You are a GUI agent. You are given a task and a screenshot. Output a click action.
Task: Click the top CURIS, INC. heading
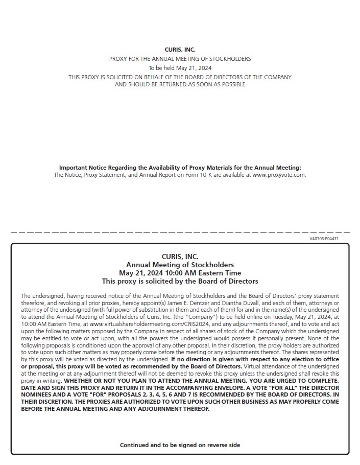coord(180,50)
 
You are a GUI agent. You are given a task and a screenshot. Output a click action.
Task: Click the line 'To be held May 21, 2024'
coord(180,68)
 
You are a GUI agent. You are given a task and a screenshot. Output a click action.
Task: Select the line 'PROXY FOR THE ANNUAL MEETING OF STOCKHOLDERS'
coord(180,59)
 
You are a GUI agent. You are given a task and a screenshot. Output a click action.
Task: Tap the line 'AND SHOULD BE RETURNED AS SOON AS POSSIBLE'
coord(180,84)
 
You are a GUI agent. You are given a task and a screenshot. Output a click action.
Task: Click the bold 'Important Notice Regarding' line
coord(180,168)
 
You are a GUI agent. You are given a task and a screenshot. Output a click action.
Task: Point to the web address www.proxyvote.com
coord(279,175)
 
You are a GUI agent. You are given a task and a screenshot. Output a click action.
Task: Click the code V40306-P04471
coord(324,239)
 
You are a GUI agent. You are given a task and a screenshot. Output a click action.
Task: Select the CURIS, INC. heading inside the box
coord(180,257)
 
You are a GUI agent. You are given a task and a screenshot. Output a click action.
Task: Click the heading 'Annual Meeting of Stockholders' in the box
coord(180,265)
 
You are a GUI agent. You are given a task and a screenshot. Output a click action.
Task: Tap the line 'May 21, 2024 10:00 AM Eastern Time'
coord(180,273)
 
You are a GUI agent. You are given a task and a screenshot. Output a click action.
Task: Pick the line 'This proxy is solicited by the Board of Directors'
coord(180,281)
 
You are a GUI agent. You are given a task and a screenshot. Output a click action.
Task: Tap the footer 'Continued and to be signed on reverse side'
coord(180,445)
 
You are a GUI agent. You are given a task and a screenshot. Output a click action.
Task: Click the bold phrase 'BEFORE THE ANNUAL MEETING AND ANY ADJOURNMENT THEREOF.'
coord(115,409)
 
